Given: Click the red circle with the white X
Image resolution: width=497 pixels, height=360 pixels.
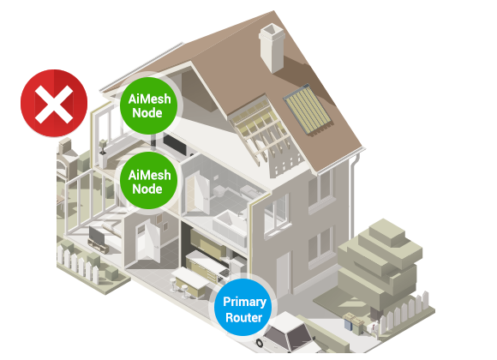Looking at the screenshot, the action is pyautogui.click(x=54, y=103).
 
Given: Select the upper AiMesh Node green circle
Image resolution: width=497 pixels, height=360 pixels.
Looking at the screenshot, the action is pyautogui.click(x=148, y=105).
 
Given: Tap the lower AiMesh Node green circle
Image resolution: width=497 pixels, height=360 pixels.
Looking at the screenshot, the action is pyautogui.click(x=148, y=181).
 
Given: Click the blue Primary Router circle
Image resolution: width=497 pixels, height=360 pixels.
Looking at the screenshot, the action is pyautogui.click(x=243, y=308).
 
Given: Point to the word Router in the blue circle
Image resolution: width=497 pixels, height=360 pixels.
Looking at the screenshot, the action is pyautogui.click(x=243, y=317).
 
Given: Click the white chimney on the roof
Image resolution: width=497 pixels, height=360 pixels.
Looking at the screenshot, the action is pyautogui.click(x=272, y=48).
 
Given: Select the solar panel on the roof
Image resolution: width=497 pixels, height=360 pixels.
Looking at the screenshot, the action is pyautogui.click(x=308, y=110).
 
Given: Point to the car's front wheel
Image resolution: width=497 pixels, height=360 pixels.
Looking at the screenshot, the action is pyautogui.click(x=260, y=343).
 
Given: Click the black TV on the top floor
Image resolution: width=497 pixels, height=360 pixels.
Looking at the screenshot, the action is pyautogui.click(x=175, y=144).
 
